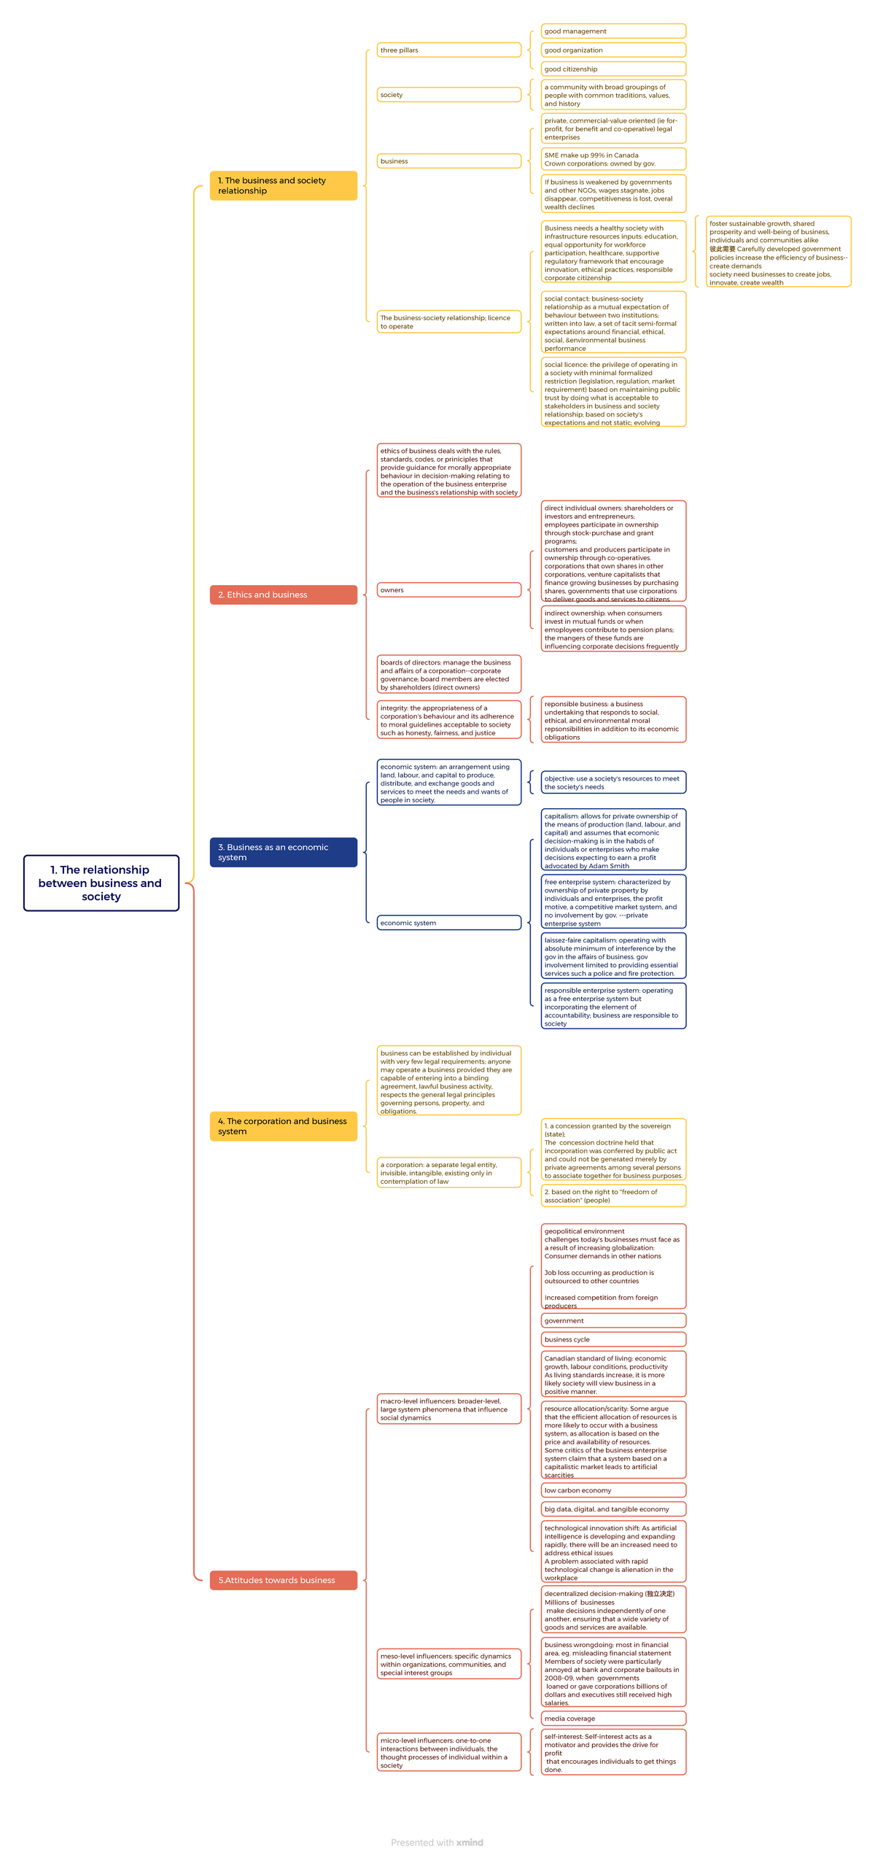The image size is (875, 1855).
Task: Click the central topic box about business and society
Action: coord(101,883)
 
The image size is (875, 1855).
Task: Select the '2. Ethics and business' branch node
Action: coord(284,595)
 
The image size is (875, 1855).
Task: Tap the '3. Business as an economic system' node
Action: coord(284,852)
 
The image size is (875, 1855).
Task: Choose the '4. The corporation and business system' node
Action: coord(284,1126)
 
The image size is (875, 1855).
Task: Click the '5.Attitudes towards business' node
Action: coord(284,1580)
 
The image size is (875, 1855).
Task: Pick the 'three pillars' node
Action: coord(449,50)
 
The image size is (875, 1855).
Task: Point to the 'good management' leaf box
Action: coord(613,31)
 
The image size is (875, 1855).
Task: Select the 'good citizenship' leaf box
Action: coord(613,69)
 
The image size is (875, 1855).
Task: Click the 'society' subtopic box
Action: coord(449,95)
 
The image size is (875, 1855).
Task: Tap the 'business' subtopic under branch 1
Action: coord(449,161)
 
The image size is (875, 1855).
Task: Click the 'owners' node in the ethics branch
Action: coord(449,590)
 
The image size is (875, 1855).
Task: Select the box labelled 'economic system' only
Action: coord(449,923)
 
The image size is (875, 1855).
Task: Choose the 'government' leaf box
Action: coord(613,1320)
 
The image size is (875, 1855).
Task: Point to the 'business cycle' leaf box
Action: coord(613,1339)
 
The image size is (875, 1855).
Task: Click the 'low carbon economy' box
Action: coord(613,1490)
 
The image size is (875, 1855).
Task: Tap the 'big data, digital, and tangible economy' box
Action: coord(613,1509)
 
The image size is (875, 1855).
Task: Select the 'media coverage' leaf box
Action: coord(613,1719)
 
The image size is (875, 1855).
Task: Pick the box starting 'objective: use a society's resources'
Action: coord(613,783)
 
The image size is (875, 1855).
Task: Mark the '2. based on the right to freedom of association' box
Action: coord(613,1196)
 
